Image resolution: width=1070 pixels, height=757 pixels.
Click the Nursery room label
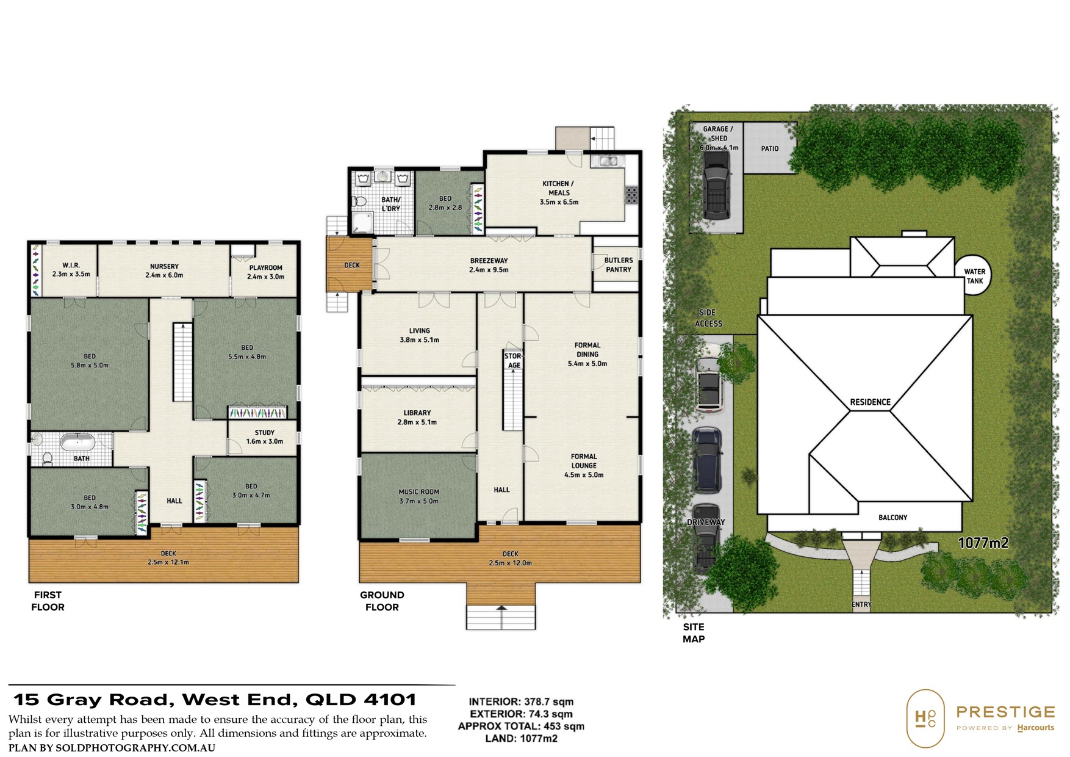164,270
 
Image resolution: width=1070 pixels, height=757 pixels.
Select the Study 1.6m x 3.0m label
264,437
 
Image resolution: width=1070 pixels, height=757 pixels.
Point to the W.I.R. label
71,270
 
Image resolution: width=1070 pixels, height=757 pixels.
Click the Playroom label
265,272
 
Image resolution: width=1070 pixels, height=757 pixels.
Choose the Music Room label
418,496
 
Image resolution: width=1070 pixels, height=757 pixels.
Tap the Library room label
417,417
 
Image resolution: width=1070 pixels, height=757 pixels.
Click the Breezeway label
489,265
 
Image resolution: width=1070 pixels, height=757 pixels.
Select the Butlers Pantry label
619,265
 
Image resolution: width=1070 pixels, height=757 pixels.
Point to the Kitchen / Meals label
559,192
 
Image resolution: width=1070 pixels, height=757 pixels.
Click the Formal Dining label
587,354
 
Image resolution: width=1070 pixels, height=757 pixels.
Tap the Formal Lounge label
584,465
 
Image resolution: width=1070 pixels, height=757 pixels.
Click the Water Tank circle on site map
974,275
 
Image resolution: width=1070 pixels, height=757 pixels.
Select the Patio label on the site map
770,148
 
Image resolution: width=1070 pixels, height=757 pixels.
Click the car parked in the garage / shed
716,184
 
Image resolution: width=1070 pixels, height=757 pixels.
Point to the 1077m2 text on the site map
983,542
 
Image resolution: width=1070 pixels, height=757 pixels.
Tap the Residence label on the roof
871,402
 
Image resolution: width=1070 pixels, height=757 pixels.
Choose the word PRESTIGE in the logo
1005,712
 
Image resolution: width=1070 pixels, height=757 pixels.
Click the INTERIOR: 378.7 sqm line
522,702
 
